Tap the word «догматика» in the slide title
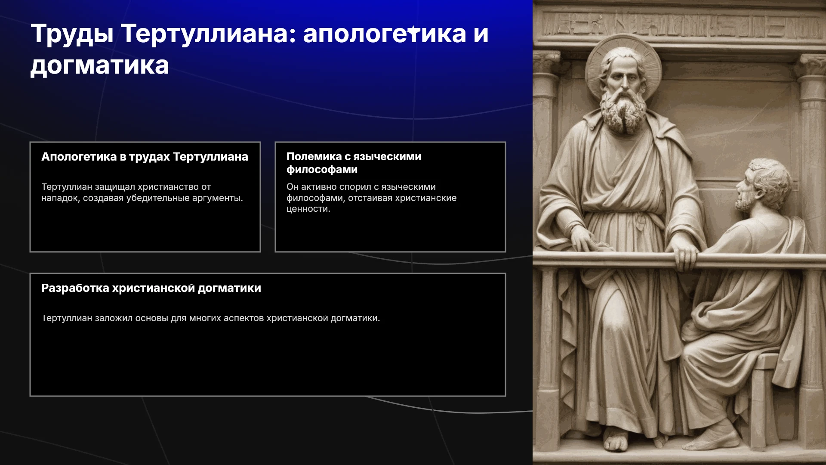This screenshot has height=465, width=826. coord(100,66)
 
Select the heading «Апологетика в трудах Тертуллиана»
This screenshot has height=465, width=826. coord(145,157)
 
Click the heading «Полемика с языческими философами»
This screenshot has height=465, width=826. coord(354,163)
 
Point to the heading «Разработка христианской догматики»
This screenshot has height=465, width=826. coord(151,288)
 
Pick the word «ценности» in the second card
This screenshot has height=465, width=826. coord(308,209)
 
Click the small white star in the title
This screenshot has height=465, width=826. coord(413,30)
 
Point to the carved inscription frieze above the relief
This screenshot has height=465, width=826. coord(680,24)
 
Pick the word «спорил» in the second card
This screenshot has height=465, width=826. coord(355,187)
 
